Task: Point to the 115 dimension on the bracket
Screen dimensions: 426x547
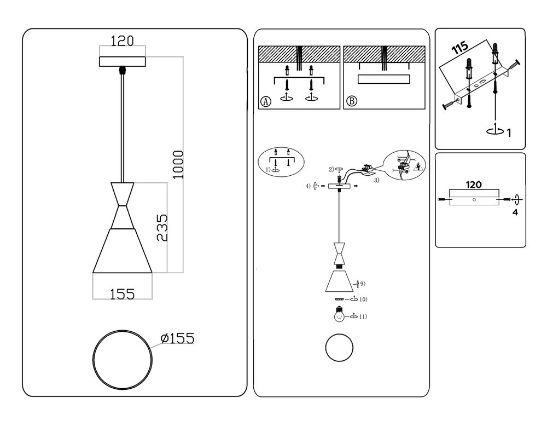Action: (460, 49)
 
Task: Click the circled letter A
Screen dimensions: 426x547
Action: (266, 102)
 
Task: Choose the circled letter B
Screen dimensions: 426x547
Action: (352, 102)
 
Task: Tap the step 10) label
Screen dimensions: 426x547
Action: (363, 300)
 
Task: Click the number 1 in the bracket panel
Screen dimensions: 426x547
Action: (509, 132)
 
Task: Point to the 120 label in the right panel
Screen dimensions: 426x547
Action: (474, 185)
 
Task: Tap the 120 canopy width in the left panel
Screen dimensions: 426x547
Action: (123, 41)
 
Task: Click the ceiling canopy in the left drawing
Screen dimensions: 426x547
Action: (123, 61)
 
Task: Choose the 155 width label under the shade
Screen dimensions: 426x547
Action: (122, 294)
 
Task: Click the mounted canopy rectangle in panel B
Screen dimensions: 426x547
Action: (384, 79)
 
